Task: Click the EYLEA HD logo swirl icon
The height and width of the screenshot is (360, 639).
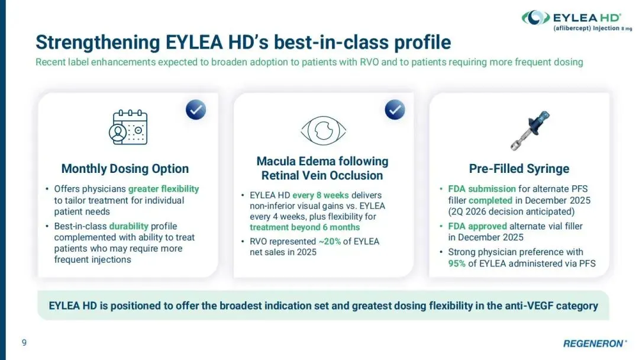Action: pyautogui.click(x=536, y=18)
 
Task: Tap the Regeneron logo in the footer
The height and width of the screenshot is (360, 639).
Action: pyautogui.click(x=595, y=343)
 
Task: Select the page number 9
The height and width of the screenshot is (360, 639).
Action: pyautogui.click(x=24, y=342)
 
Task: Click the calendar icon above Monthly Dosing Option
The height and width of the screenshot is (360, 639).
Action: pyautogui.click(x=128, y=127)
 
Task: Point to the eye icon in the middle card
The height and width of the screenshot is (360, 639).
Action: pyautogui.click(x=323, y=130)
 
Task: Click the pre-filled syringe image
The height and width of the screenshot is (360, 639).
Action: pyautogui.click(x=530, y=130)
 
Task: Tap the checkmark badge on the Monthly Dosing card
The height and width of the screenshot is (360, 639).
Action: pyautogui.click(x=196, y=110)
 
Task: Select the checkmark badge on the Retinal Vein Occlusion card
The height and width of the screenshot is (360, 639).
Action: pyautogui.click(x=395, y=110)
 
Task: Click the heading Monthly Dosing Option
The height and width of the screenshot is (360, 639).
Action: pyautogui.click(x=125, y=168)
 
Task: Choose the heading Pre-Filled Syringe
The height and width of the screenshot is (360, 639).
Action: pyautogui.click(x=519, y=168)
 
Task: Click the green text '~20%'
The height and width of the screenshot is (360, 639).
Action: pyautogui.click(x=330, y=242)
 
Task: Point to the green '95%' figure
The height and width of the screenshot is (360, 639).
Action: pyautogui.click(x=457, y=263)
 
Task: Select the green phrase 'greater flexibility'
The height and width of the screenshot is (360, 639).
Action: pyautogui.click(x=163, y=189)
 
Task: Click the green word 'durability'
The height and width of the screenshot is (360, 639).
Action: pyautogui.click(x=129, y=226)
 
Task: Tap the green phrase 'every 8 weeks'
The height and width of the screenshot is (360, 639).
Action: pyautogui.click(x=320, y=195)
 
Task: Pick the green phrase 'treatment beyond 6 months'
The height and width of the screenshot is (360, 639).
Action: pyautogui.click(x=305, y=227)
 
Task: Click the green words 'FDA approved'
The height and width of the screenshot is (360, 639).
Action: pyautogui.click(x=477, y=226)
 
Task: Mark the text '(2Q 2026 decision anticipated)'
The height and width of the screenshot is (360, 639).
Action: pyautogui.click(x=511, y=211)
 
